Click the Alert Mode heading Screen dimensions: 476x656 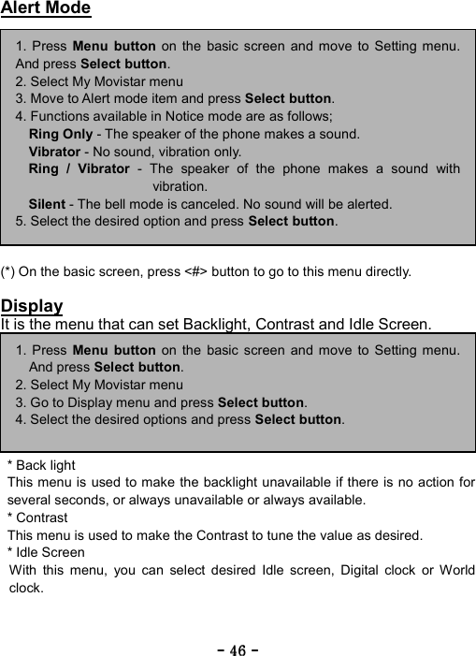tap(46, 8)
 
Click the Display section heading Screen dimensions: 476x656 tap(32, 306)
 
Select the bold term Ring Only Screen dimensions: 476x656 tap(61, 134)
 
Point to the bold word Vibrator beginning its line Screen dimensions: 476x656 tap(54, 152)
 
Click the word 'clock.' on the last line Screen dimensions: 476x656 tap(26, 588)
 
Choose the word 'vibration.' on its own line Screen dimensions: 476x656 tap(180, 186)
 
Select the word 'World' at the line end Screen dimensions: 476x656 tap(455, 570)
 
